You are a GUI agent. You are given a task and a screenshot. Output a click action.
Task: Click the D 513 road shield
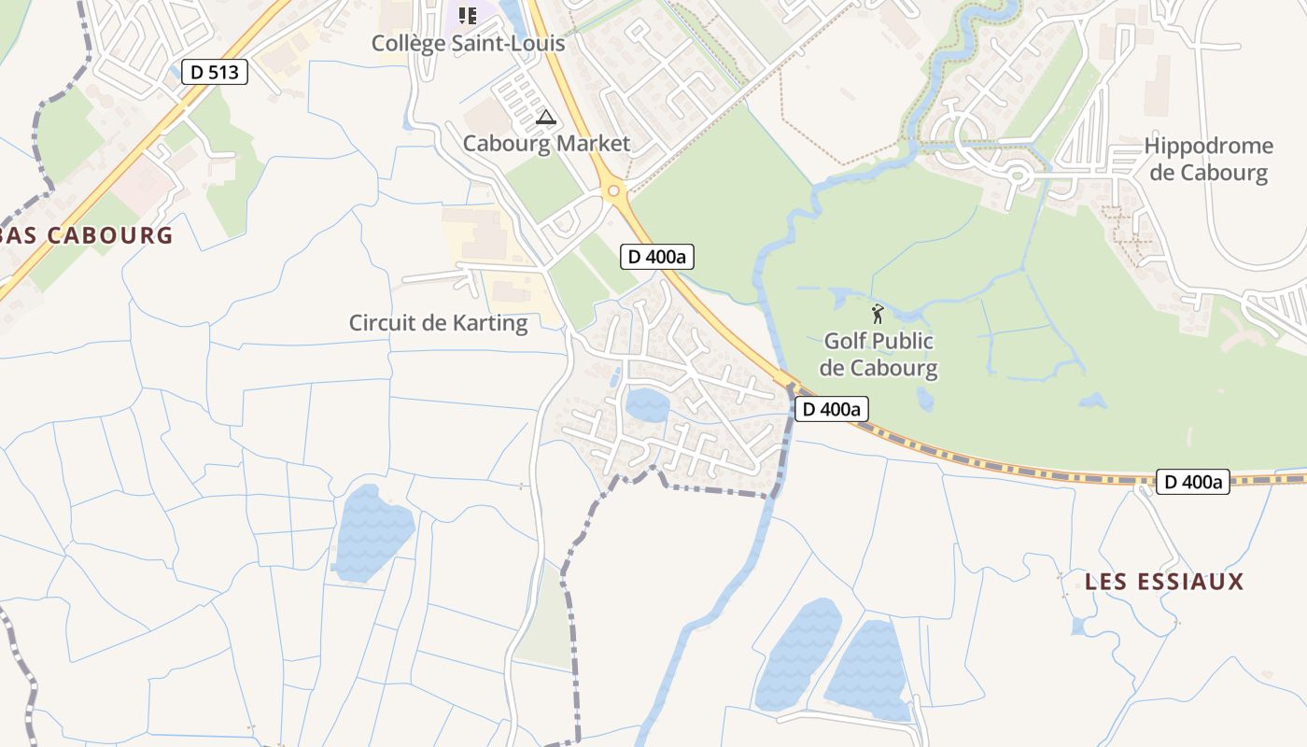[x=214, y=72]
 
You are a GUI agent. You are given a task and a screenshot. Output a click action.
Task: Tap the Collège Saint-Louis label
[x=468, y=43]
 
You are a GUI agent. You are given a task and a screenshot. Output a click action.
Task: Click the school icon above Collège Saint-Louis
[x=468, y=15]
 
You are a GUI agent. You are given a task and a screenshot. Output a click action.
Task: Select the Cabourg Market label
[x=546, y=144]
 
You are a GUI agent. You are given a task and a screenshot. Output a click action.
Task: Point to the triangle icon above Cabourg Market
[x=546, y=118]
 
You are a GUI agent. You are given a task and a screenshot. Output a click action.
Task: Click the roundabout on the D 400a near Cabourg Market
[x=613, y=191]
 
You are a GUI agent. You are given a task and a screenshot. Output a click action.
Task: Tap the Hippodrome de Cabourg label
[x=1208, y=159]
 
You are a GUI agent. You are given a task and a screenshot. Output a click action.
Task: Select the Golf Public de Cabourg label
[x=879, y=355]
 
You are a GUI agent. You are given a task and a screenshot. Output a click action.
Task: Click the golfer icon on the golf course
[x=877, y=314]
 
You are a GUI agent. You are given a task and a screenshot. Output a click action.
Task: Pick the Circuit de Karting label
[x=438, y=323]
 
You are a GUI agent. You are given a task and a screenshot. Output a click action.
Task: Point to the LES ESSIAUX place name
[x=1164, y=582]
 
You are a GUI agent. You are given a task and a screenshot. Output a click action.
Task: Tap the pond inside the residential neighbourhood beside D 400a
[x=647, y=405]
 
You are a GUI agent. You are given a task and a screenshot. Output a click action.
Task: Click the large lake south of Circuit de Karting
[x=372, y=532]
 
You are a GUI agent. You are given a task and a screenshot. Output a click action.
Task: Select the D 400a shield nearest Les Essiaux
[x=1192, y=482]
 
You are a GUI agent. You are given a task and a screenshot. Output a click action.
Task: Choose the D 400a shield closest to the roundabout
[x=657, y=257]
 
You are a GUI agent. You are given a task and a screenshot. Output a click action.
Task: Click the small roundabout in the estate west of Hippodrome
[x=1015, y=175]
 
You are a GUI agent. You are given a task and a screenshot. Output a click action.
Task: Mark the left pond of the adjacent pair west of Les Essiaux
[x=798, y=654]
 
